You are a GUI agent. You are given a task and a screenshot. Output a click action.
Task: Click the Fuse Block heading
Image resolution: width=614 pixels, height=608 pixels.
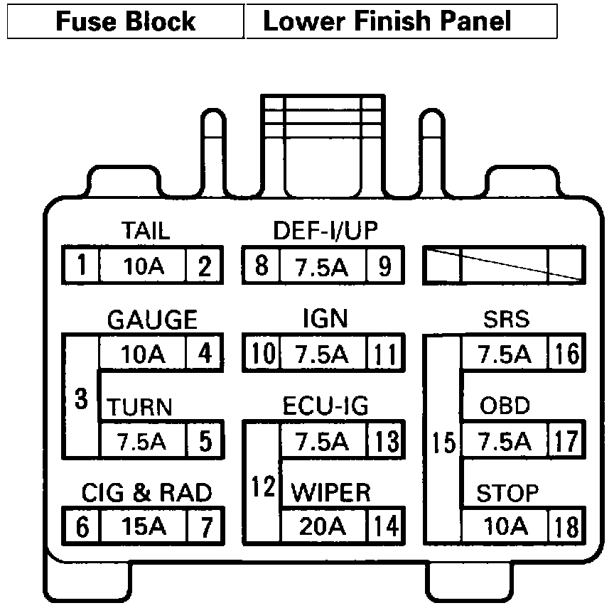pyautogui.click(x=125, y=21)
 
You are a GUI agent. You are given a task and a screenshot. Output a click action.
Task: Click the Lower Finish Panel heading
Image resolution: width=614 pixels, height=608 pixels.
pyautogui.click(x=387, y=21)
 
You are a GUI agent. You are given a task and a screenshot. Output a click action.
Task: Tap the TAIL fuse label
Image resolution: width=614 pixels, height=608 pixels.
pyautogui.click(x=145, y=231)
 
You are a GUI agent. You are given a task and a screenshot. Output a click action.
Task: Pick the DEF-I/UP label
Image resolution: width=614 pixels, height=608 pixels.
pyautogui.click(x=325, y=231)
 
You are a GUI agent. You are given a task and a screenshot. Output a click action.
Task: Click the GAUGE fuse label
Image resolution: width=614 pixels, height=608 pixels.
pyautogui.click(x=151, y=320)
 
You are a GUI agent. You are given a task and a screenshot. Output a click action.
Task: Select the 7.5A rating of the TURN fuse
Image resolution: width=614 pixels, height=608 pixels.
pyautogui.click(x=142, y=442)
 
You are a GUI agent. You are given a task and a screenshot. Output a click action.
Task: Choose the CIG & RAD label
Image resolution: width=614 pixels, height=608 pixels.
pyautogui.click(x=146, y=492)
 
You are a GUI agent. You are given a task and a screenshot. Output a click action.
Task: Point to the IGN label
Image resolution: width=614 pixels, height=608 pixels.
pyautogui.click(x=325, y=319)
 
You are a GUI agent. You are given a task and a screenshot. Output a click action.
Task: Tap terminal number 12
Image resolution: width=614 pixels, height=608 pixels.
pyautogui.click(x=262, y=487)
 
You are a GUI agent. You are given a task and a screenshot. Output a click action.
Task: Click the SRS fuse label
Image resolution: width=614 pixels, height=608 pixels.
pyautogui.click(x=506, y=319)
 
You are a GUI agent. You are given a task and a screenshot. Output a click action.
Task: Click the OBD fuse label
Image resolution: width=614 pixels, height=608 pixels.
pyautogui.click(x=505, y=406)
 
